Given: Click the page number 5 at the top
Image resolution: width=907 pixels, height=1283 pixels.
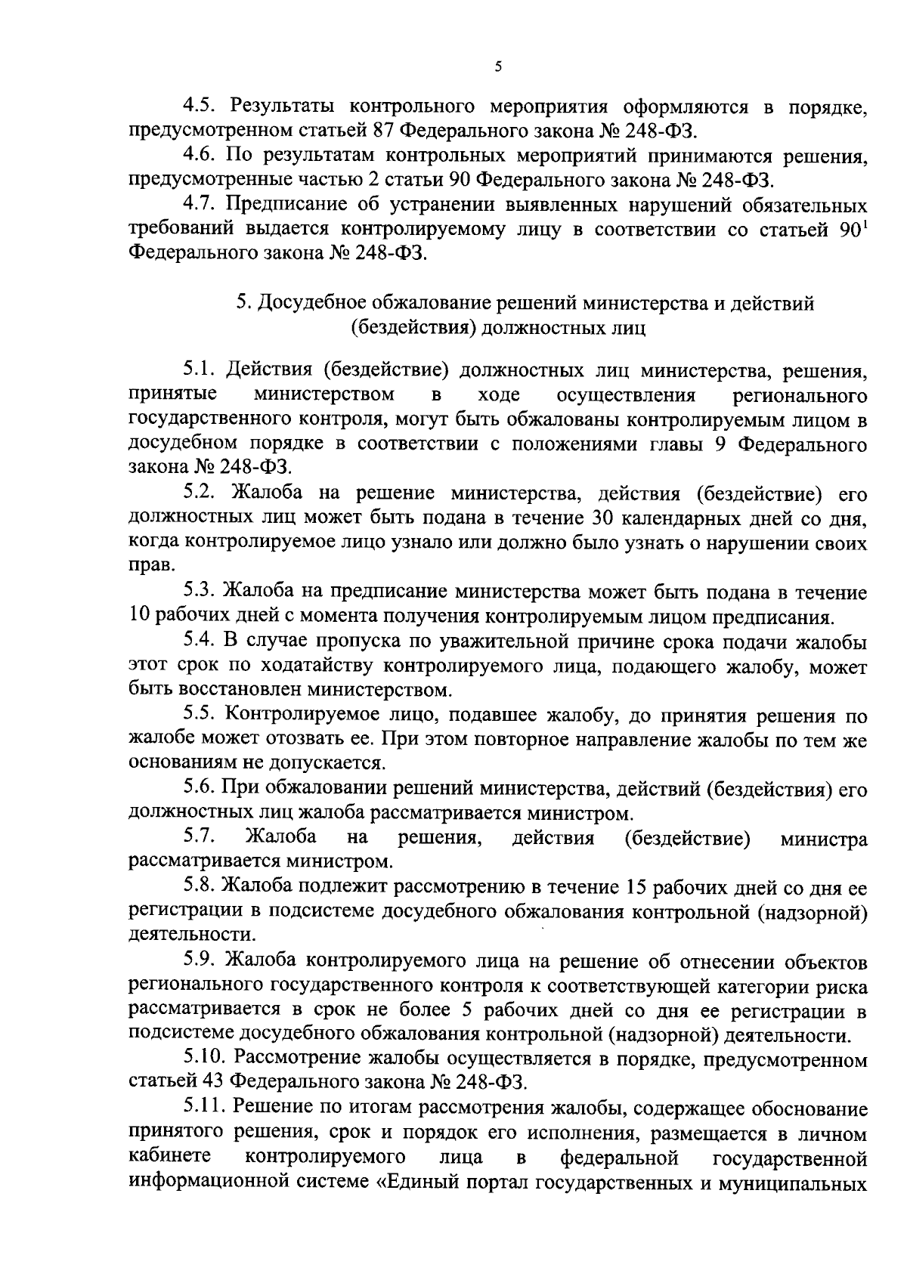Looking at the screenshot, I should coord(497,66).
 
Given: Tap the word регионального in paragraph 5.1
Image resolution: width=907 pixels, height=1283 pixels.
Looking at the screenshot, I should coord(800,395).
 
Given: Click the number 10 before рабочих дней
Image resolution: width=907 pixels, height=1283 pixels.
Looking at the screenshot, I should coord(141,617).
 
